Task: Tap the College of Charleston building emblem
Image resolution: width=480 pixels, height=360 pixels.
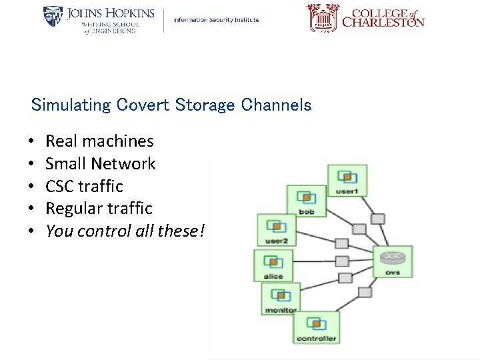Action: pos(323,18)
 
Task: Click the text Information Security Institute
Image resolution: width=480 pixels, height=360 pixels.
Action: pos(216,20)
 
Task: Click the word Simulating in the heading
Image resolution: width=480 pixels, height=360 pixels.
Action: pos(71,105)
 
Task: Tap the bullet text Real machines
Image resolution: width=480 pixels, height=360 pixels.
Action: pos(99,141)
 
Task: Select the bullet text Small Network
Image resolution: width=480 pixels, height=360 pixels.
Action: pos(100,164)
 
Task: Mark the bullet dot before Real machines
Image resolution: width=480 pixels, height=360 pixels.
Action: pos(31,142)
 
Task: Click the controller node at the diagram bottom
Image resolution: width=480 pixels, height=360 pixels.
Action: pos(316,327)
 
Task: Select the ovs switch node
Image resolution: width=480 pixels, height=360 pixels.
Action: pos(393,261)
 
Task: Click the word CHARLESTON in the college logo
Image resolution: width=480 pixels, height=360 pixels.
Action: pos(383,23)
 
